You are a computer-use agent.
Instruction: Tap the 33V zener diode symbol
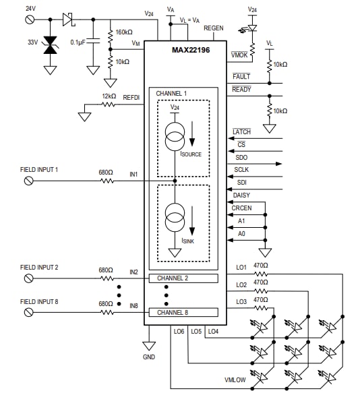pos(49,45)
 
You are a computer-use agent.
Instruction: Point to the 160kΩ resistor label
pos(124,32)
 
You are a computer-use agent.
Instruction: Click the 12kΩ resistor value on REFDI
pos(109,96)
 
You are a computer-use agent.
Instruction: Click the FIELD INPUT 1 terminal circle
pos(28,180)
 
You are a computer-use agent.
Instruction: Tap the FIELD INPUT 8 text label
pos(39,301)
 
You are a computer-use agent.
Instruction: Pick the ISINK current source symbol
pos(175,218)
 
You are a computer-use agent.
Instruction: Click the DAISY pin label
pos(241,195)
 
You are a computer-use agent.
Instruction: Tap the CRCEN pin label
pos(242,208)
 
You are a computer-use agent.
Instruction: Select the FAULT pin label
pos(241,77)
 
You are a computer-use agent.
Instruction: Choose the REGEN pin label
pos(213,28)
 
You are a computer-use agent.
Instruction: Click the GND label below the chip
pos(149,355)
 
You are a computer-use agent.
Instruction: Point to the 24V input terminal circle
pos(29,20)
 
